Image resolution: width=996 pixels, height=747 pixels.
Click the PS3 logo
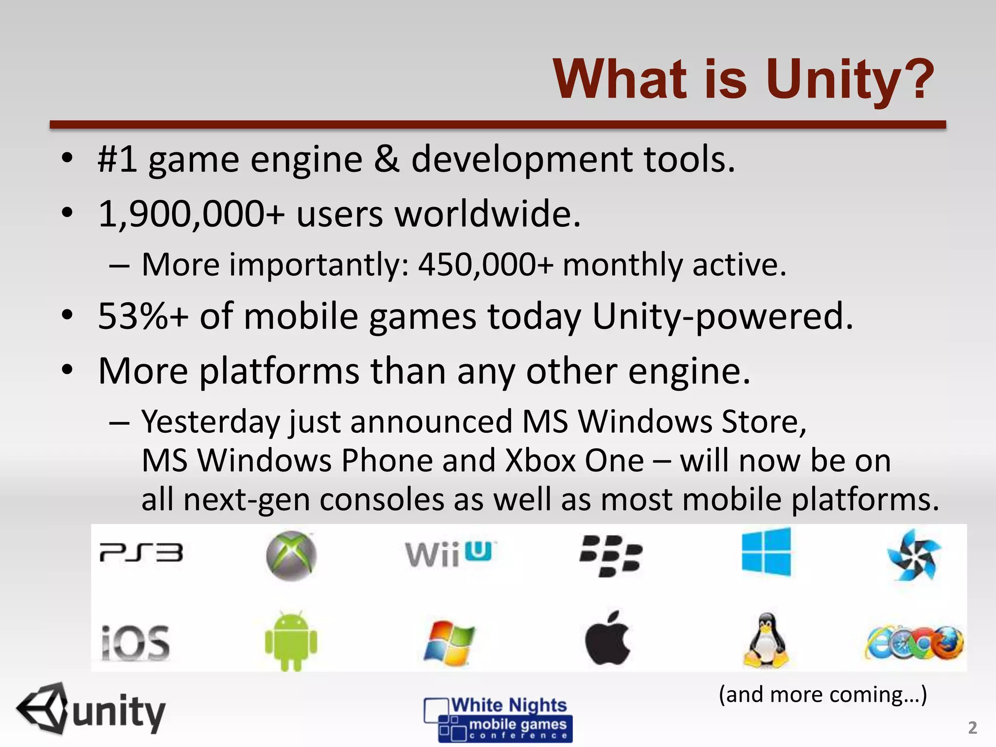pos(141,553)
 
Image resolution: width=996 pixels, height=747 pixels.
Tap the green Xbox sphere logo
pos(291,556)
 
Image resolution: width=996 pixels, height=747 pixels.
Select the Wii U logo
pos(448,554)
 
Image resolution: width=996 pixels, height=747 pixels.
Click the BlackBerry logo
pos(611,556)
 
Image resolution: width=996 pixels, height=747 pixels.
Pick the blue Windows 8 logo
pos(766,552)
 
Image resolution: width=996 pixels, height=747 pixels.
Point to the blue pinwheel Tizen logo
pos(913,555)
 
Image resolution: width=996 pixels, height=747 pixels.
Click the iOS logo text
pos(135,643)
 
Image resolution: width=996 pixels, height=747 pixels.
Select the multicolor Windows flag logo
pos(448,642)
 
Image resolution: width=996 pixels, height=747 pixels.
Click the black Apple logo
pos(607,639)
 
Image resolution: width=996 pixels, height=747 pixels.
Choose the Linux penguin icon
pos(766,641)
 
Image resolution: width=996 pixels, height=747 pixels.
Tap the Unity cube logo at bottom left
pos(42,709)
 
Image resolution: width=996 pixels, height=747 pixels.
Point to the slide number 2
pos(972,728)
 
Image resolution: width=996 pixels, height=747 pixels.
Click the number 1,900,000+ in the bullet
pos(191,214)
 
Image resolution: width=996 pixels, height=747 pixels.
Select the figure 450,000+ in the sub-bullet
pos(486,265)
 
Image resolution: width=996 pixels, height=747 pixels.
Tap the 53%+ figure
pos(143,317)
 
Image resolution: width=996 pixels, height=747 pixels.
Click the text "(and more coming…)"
pos(823,694)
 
